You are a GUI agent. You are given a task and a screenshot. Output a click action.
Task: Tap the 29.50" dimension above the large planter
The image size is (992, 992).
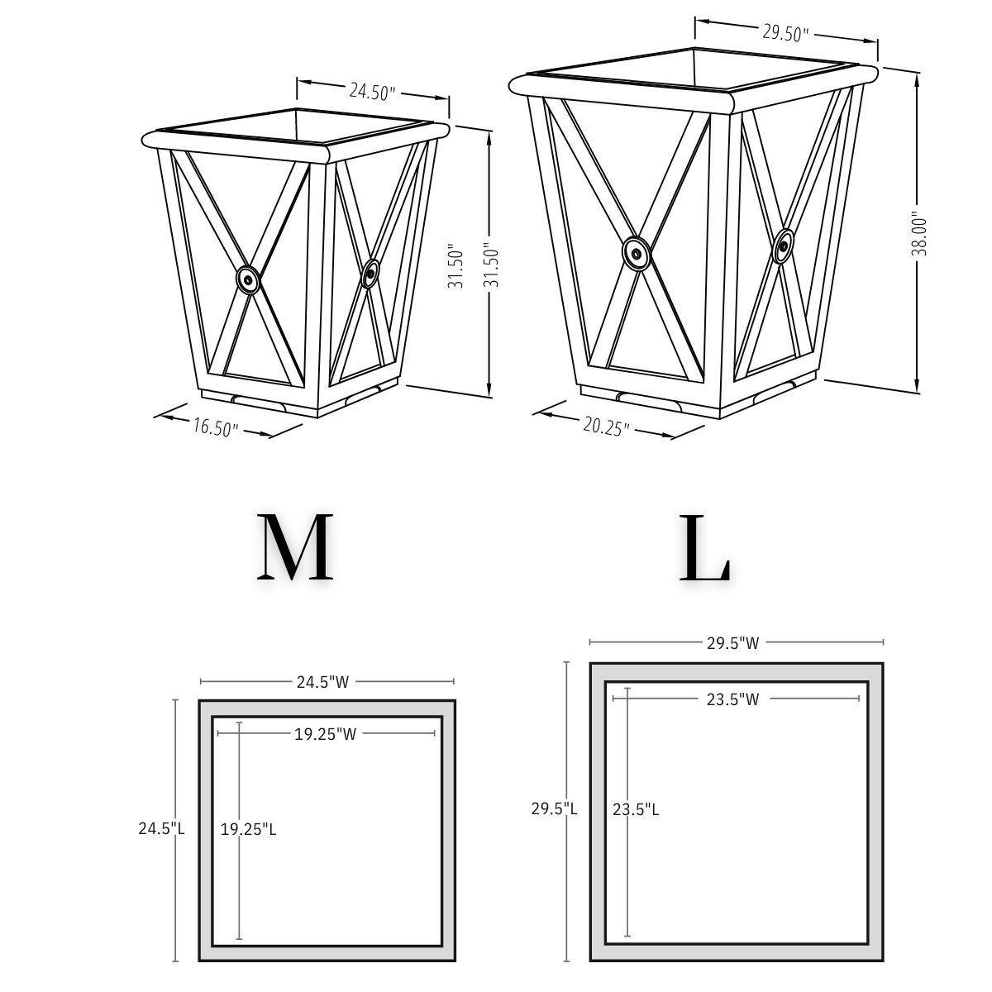pyautogui.click(x=785, y=33)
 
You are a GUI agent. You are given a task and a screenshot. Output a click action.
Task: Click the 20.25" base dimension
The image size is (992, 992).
pyautogui.click(x=606, y=426)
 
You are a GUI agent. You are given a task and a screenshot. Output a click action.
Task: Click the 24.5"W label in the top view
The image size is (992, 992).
pyautogui.click(x=323, y=682)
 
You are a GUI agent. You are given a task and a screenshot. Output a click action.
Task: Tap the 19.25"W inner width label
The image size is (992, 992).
pyautogui.click(x=325, y=734)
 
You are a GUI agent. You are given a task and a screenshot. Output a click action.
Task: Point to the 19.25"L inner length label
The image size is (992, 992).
pyautogui.click(x=248, y=829)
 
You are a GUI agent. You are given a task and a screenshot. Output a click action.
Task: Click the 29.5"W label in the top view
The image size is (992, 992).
pyautogui.click(x=732, y=642)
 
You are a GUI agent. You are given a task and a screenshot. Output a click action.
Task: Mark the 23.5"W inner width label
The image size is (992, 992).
pyautogui.click(x=732, y=699)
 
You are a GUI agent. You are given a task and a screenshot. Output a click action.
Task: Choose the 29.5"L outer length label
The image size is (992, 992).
pyautogui.click(x=554, y=809)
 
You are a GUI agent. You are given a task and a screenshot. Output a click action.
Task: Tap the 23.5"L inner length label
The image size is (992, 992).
pyautogui.click(x=636, y=809)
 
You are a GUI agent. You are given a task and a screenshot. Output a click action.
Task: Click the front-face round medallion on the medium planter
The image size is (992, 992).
pyautogui.click(x=248, y=280)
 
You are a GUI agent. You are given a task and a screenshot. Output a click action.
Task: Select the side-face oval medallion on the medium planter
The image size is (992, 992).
pyautogui.click(x=371, y=274)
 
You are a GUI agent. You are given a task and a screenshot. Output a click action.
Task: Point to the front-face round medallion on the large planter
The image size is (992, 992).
pyautogui.click(x=636, y=255)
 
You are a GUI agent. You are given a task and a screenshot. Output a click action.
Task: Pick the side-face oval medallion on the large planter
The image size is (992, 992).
pyautogui.click(x=784, y=246)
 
